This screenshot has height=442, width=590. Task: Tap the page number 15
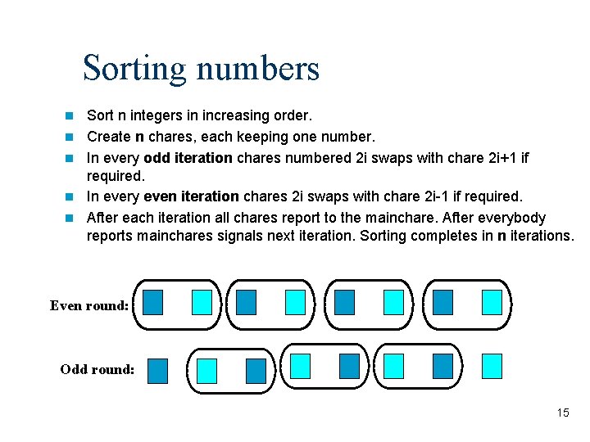pyautogui.click(x=562, y=413)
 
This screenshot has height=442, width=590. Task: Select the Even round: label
pyautogui.click(x=89, y=305)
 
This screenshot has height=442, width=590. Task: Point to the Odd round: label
pyautogui.click(x=98, y=369)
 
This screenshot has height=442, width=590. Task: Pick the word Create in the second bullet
pyautogui.click(x=108, y=136)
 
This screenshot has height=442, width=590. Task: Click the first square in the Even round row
pyautogui.click(x=152, y=302)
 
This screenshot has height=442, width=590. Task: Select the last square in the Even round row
pyautogui.click(x=492, y=302)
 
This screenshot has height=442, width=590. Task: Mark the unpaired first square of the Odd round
pyautogui.click(x=157, y=371)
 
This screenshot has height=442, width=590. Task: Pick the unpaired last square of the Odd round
pyautogui.click(x=492, y=366)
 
